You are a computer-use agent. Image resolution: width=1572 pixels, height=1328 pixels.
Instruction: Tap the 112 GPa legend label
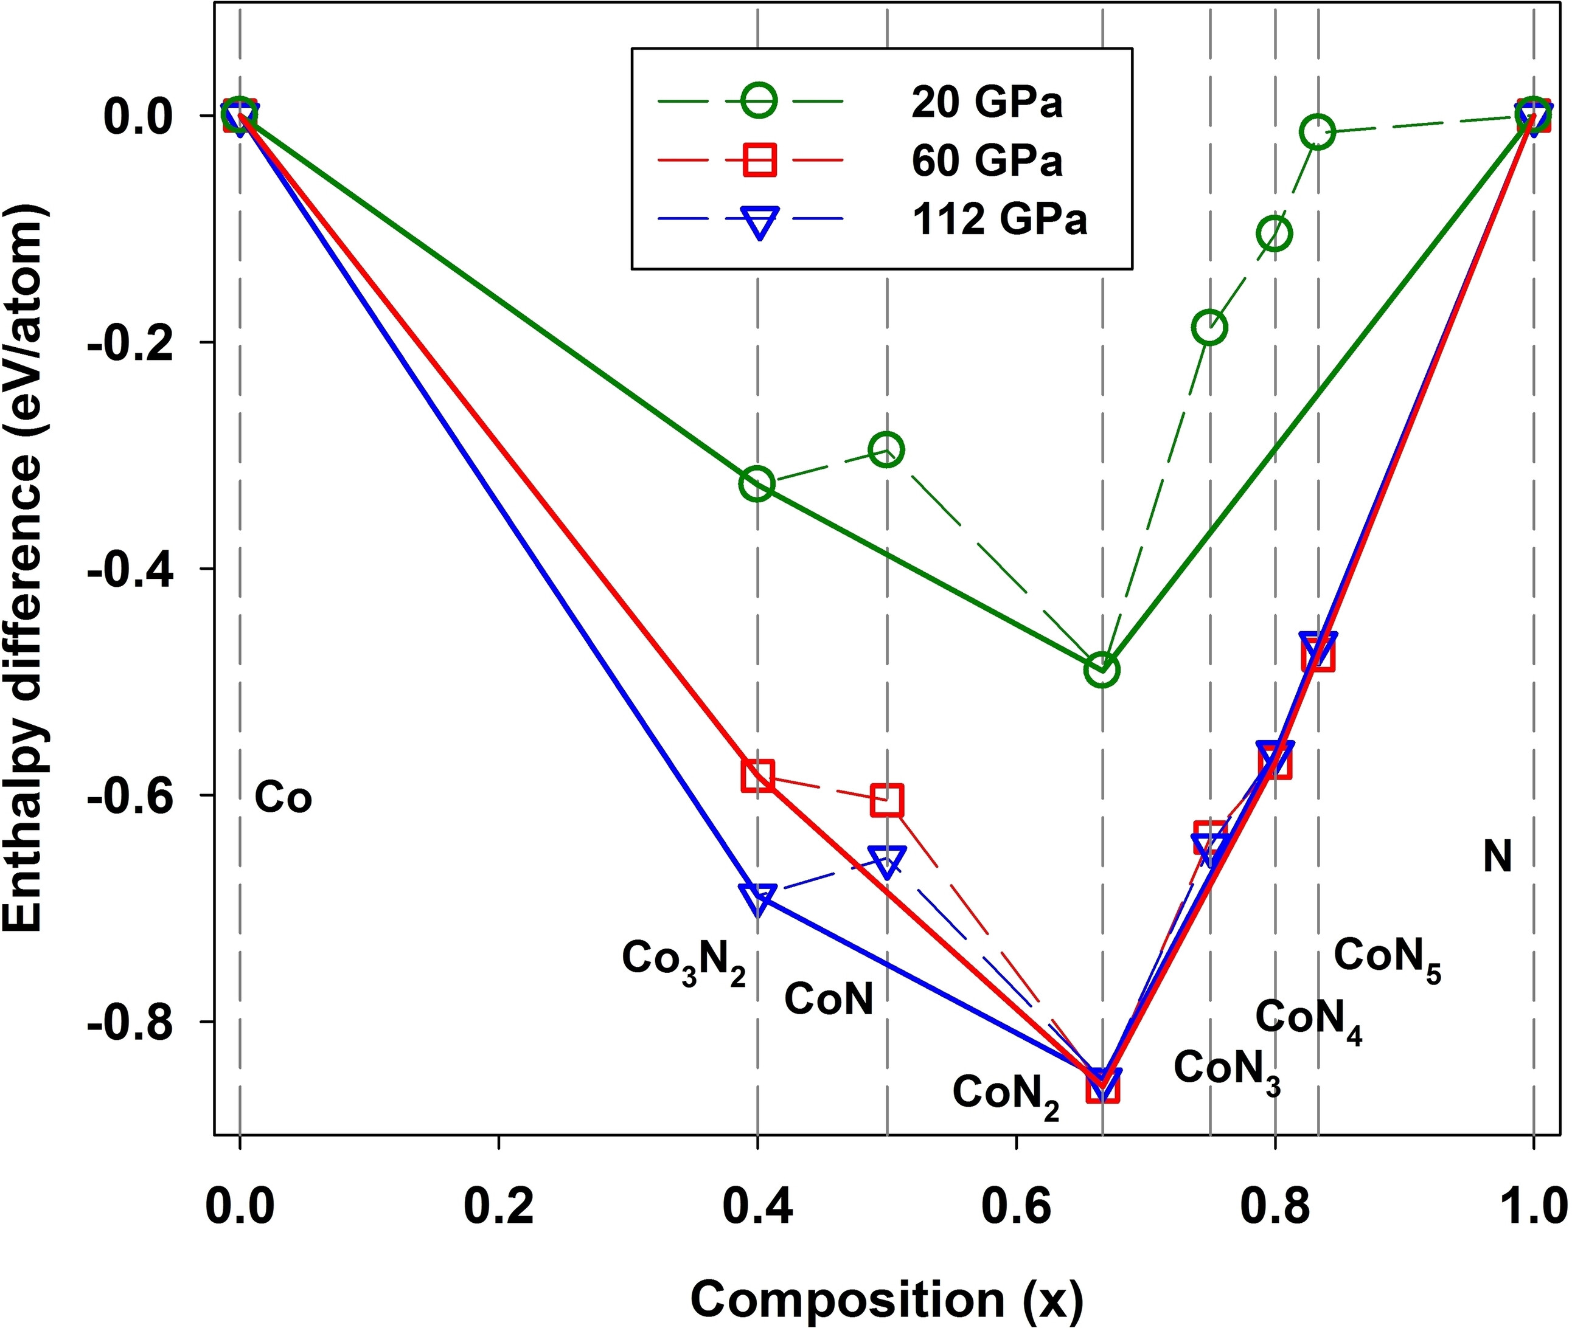1000,220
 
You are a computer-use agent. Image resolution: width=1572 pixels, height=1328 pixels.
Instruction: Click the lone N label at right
1497,857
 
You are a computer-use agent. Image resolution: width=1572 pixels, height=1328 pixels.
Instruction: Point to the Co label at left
282,797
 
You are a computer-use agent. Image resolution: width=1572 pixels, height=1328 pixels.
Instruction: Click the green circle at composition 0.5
886,449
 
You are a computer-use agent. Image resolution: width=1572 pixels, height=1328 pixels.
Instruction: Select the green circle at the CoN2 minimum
1102,668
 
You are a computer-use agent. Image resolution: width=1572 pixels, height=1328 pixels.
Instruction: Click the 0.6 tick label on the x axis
1016,1208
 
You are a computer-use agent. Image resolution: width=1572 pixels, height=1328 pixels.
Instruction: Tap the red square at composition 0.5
886,800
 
